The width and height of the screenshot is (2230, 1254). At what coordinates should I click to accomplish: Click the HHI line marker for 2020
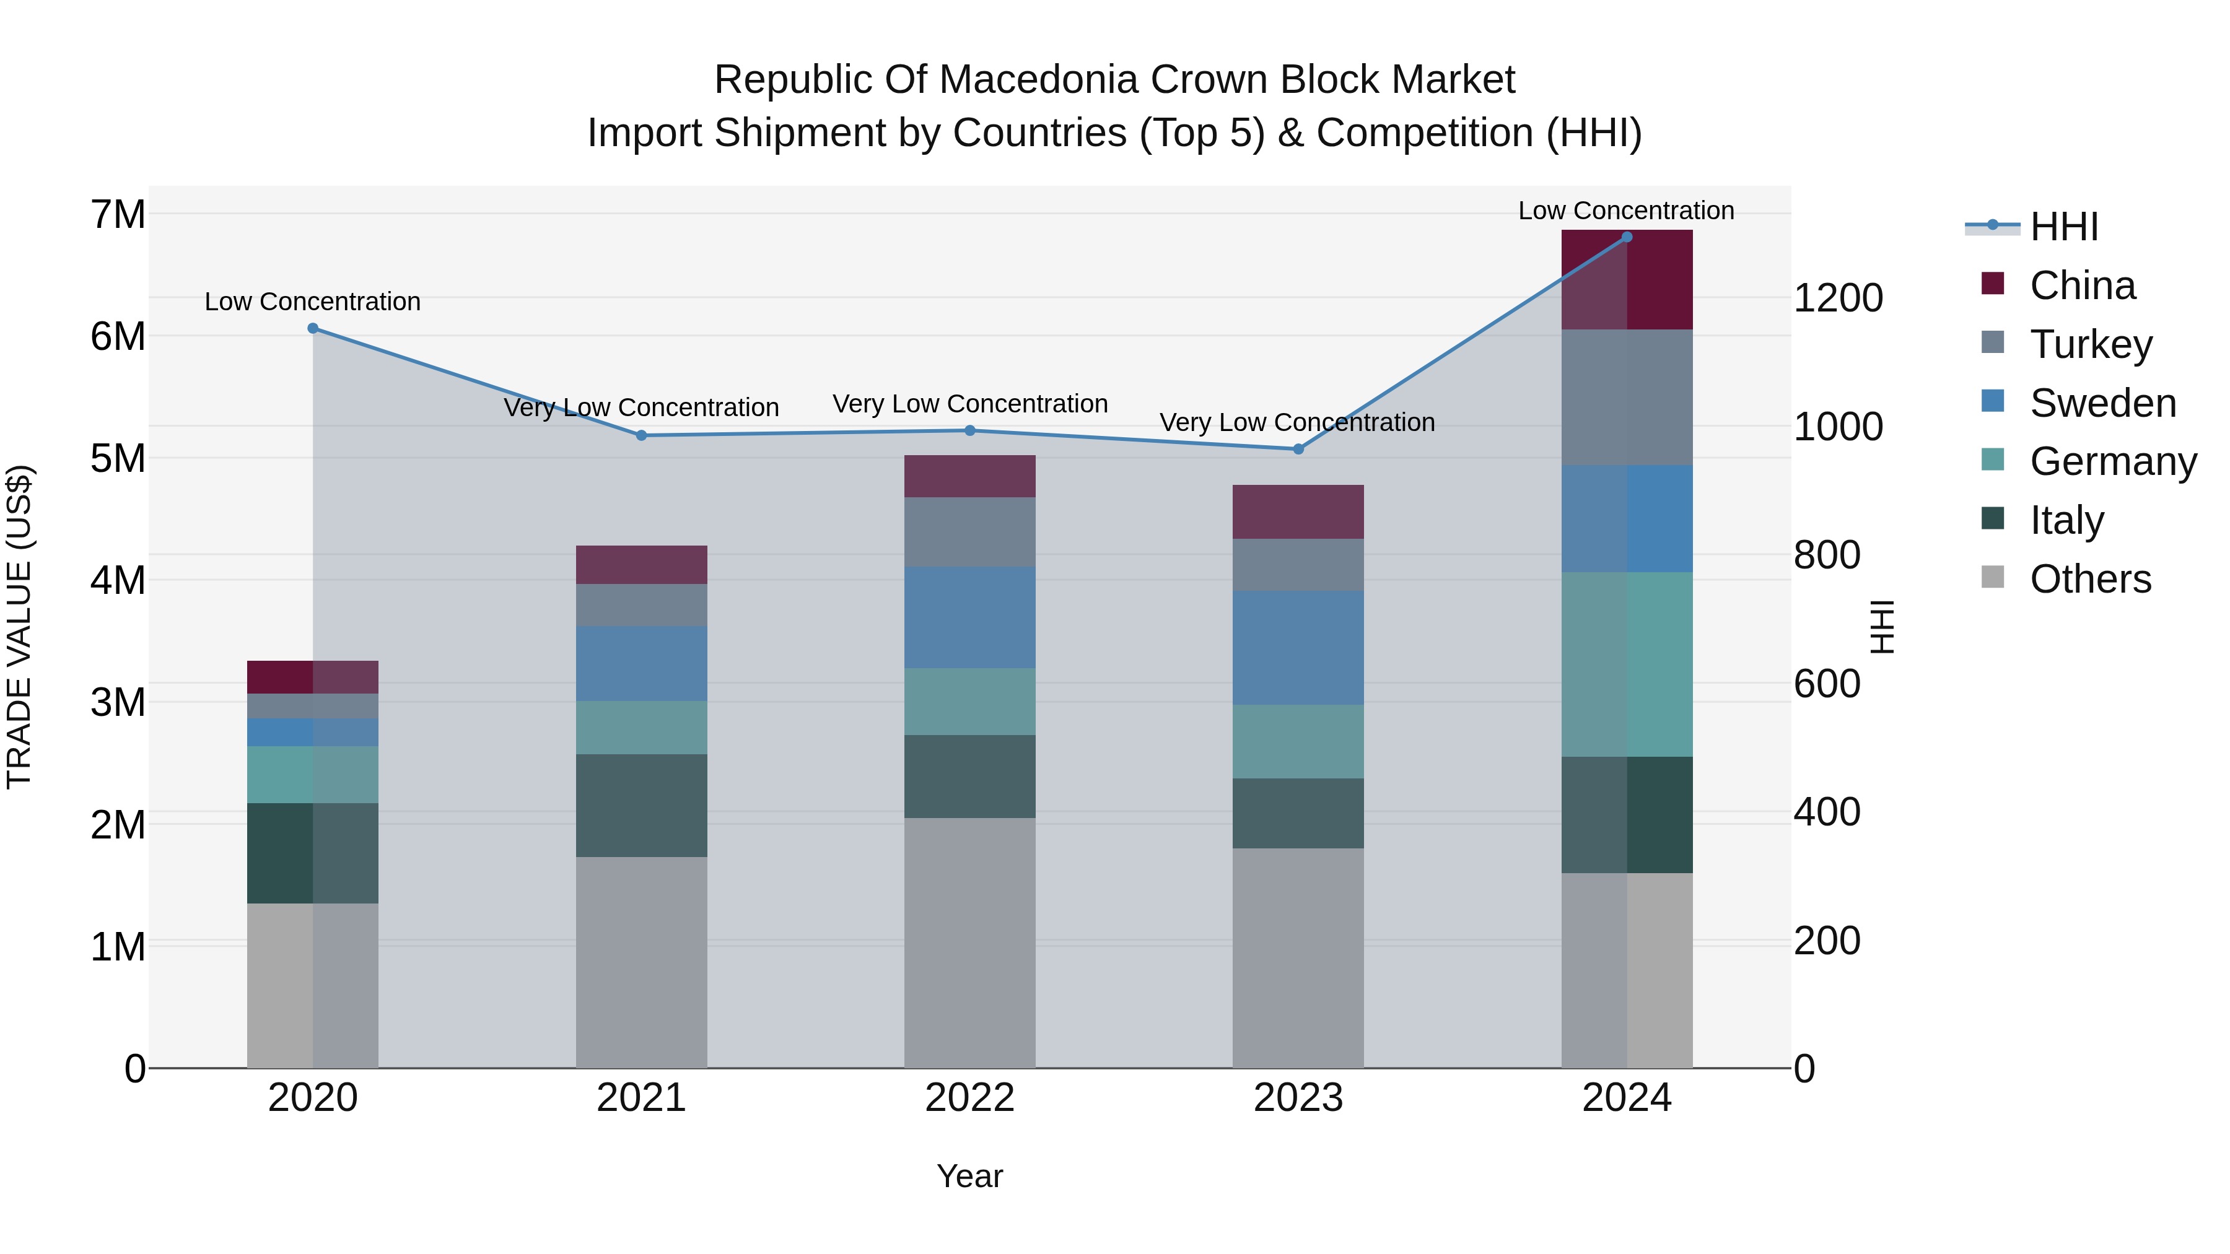[x=313, y=328]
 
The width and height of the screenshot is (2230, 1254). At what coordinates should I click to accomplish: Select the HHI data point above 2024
[x=1627, y=237]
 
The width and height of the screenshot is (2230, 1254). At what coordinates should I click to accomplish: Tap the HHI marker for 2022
[x=969, y=430]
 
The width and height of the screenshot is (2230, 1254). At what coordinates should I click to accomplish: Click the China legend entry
[x=2082, y=285]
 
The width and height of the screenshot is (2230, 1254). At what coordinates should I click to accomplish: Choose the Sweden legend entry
[x=2102, y=403]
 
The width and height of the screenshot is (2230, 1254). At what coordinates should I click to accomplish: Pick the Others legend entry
[x=2090, y=579]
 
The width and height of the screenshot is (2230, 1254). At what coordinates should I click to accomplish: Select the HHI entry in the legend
[x=2064, y=227]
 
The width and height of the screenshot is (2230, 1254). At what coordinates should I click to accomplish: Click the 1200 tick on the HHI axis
[x=1838, y=298]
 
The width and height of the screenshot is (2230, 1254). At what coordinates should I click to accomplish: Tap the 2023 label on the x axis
[x=1298, y=1098]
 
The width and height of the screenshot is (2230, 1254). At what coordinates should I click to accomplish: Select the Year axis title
[x=969, y=1176]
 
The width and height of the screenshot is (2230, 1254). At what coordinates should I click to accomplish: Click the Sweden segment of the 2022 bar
[x=969, y=617]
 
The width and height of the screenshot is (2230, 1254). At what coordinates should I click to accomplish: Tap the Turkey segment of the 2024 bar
[x=1627, y=397]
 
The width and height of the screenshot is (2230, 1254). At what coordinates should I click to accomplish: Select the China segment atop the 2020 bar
[x=313, y=677]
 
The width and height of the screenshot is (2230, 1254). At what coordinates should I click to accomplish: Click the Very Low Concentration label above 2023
[x=1296, y=422]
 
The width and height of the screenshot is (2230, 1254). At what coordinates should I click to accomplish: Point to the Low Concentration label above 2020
[x=313, y=302]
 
